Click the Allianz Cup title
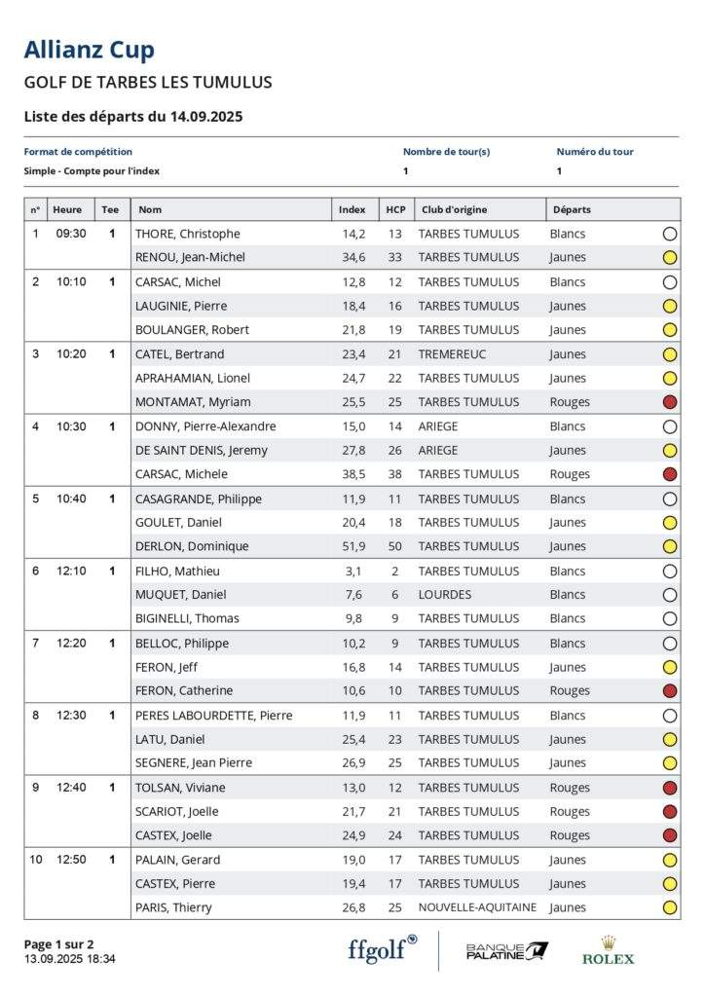click(x=89, y=50)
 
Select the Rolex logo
click(x=608, y=950)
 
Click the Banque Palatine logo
click(x=506, y=950)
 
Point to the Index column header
click(x=352, y=209)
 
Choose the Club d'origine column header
click(x=454, y=209)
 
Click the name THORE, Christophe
click(x=187, y=234)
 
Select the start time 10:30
click(x=70, y=426)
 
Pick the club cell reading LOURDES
click(x=444, y=595)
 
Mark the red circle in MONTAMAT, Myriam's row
click(x=669, y=402)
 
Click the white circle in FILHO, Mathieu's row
click(x=669, y=572)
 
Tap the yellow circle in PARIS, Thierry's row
click(x=669, y=907)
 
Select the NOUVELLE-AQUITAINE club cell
click(x=477, y=907)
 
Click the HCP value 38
click(x=394, y=474)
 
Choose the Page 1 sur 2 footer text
click(x=58, y=943)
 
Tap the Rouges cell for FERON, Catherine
click(x=570, y=691)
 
